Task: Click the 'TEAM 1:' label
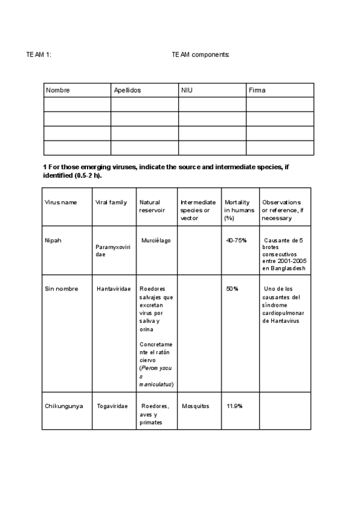[x=38, y=55]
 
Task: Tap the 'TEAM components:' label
[x=200, y=55]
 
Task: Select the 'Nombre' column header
[x=58, y=90]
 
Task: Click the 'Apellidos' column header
[x=127, y=90]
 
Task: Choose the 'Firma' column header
[x=257, y=90]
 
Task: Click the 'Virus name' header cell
[x=61, y=202]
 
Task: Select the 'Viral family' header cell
[x=111, y=202]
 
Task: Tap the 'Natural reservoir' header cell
[x=151, y=206]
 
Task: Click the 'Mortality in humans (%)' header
[x=239, y=210]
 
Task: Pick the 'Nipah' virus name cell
[x=53, y=240]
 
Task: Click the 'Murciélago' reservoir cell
[x=156, y=240]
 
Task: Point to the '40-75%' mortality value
[x=236, y=240]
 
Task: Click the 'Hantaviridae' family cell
[x=113, y=289]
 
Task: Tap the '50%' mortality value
[x=232, y=289]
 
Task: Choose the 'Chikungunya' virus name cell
[x=63, y=406]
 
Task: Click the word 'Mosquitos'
[x=196, y=406]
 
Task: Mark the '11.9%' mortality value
[x=234, y=406]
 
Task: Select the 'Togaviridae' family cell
[x=112, y=406]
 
